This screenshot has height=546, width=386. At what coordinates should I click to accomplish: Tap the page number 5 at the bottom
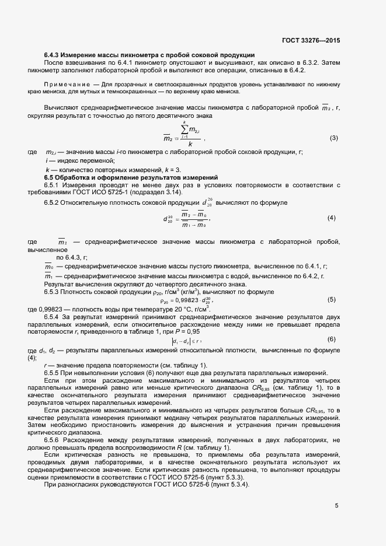tap(336, 505)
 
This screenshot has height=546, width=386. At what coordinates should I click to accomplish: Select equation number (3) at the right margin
tap(334, 138)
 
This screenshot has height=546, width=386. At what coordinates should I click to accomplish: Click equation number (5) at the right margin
tap(331, 300)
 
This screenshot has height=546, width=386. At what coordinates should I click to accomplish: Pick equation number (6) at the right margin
tap(331, 339)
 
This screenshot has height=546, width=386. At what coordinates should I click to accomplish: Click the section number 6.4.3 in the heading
tap(53, 55)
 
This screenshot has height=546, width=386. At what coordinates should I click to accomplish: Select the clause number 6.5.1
tap(53, 184)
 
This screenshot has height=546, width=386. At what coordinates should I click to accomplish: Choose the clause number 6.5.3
tap(53, 291)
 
